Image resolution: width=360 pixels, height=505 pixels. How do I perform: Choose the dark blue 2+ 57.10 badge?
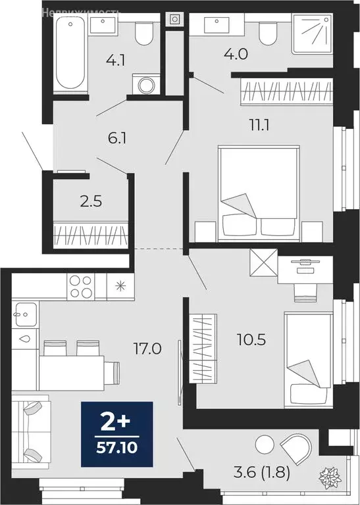[116, 435]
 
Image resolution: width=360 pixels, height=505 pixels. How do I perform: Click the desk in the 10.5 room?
[305, 270]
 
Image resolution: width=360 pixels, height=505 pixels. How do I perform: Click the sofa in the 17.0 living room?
[31, 431]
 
